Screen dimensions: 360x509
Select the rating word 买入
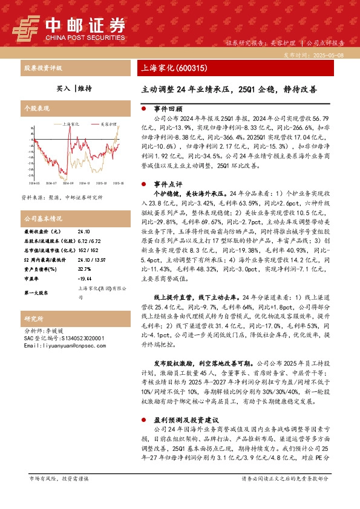[x=64, y=88]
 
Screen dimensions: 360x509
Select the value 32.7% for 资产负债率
[x=84, y=270]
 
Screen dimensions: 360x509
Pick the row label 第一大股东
[x=37, y=293]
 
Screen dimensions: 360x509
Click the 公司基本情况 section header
[x=42, y=218]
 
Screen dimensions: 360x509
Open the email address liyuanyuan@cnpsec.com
[x=65, y=346]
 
